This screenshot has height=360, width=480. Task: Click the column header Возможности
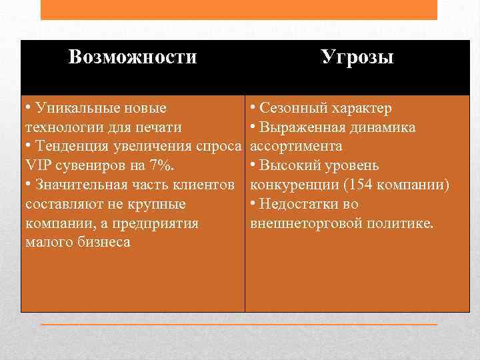[x=133, y=57]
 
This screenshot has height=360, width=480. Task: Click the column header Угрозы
[x=357, y=57]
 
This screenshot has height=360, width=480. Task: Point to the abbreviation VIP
[x=37, y=165]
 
